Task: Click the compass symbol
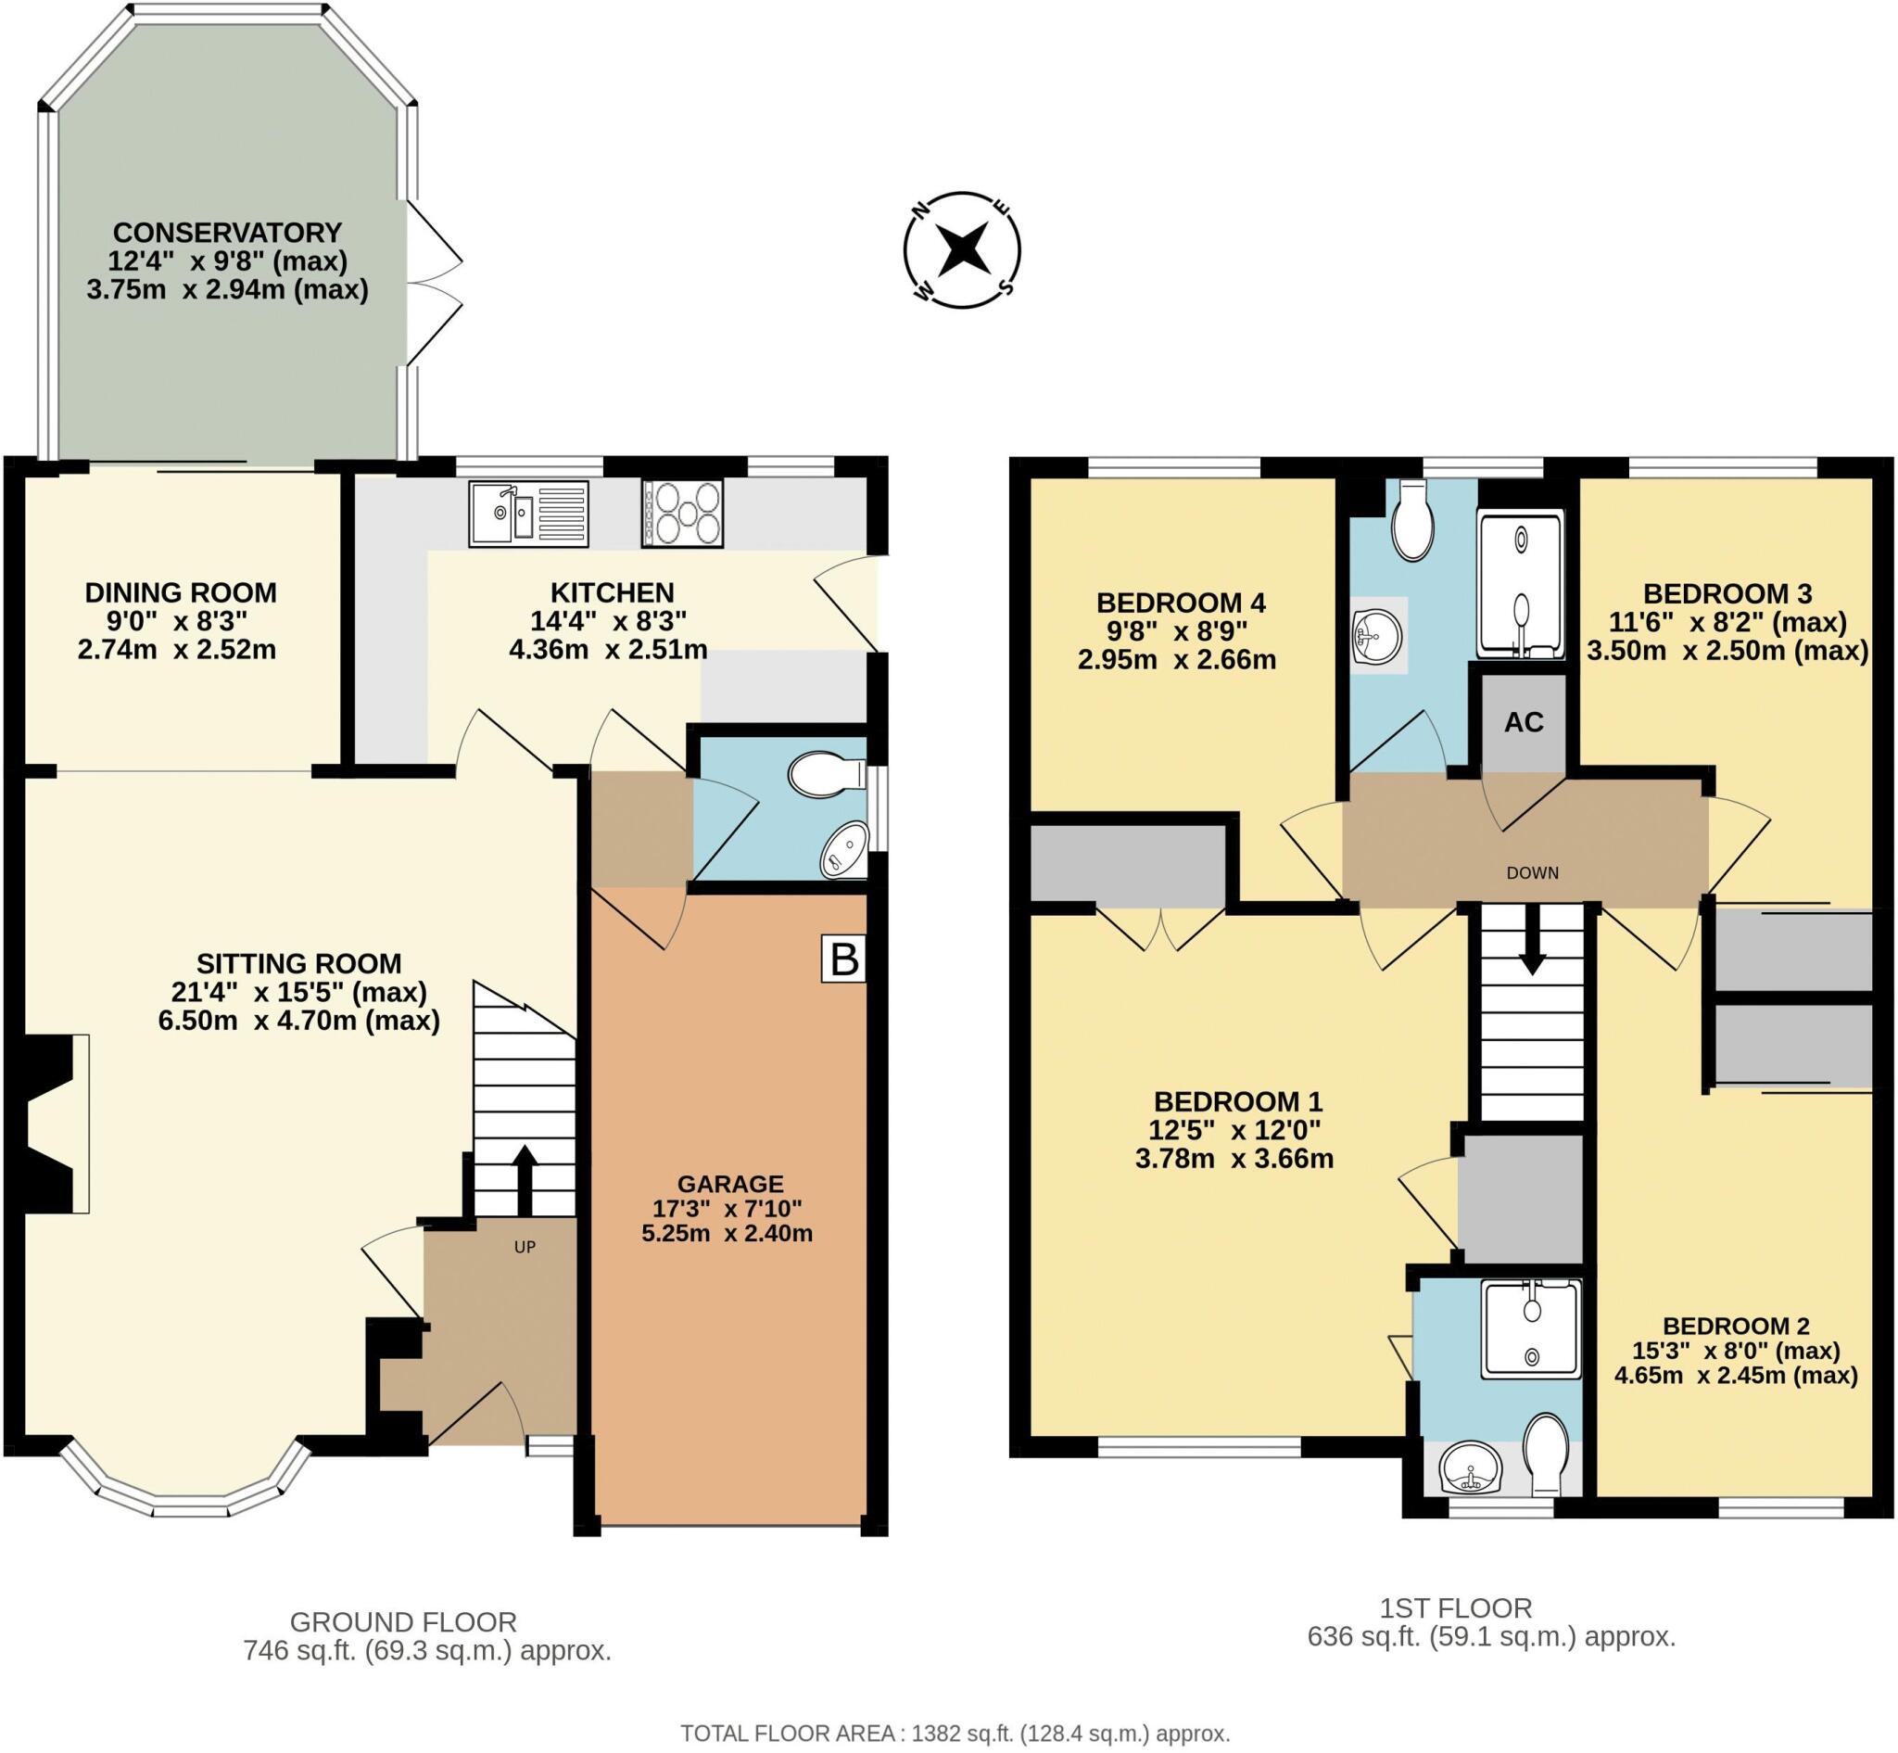(x=962, y=250)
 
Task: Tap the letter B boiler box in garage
(x=843, y=960)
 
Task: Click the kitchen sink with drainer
(x=528, y=514)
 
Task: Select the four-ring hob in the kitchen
(x=682, y=514)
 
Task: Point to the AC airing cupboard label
(x=1524, y=722)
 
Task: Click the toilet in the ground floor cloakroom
(x=825, y=775)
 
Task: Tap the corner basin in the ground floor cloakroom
(x=845, y=849)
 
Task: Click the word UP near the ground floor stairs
(x=525, y=1247)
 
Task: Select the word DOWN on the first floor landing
(x=1532, y=872)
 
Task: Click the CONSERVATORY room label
(x=227, y=233)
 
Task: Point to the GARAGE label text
(x=729, y=1184)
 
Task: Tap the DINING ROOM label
(x=180, y=593)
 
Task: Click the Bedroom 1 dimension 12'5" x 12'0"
(x=1234, y=1130)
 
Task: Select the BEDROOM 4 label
(x=1180, y=603)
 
